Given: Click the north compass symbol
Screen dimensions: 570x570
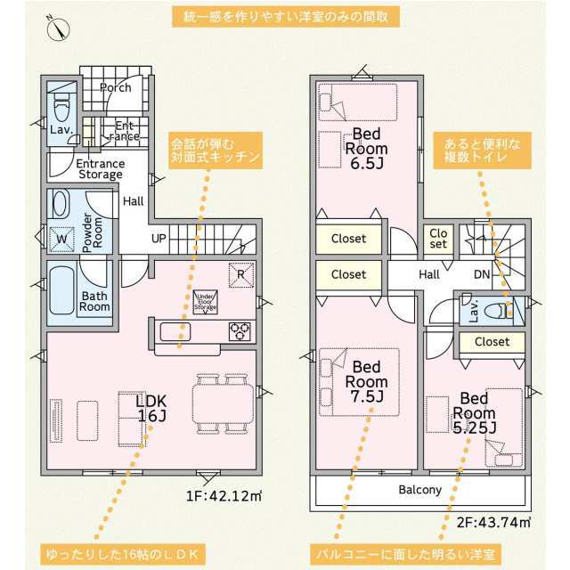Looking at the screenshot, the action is pyautogui.click(x=58, y=28).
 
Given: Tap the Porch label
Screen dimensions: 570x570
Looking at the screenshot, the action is pyautogui.click(x=115, y=87).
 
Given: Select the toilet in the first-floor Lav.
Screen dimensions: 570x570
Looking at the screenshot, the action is pyautogui.click(x=61, y=106).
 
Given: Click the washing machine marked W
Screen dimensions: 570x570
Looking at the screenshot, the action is pyautogui.click(x=61, y=239).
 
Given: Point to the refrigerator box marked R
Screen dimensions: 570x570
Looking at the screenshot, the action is pyautogui.click(x=241, y=275).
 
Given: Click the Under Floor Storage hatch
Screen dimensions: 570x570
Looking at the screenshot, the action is pyautogui.click(x=205, y=302).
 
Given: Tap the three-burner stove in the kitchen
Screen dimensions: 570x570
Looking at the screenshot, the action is pyautogui.click(x=240, y=331).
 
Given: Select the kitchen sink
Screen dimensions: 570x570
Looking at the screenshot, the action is pyautogui.click(x=175, y=331).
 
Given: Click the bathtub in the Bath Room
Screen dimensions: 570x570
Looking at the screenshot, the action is pyautogui.click(x=61, y=291).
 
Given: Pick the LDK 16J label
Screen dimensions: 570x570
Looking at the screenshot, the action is pyautogui.click(x=151, y=408).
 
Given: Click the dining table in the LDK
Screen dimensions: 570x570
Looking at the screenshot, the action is pyautogui.click(x=223, y=403).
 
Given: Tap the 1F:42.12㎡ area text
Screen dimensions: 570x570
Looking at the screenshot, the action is pyautogui.click(x=224, y=496).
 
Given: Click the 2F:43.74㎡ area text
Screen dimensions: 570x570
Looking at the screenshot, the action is pyautogui.click(x=493, y=523).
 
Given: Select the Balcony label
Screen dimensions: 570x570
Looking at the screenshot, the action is pyautogui.click(x=419, y=490).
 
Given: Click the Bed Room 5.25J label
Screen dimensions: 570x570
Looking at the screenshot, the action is pyautogui.click(x=474, y=413).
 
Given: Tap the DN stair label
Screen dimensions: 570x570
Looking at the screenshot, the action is pyautogui.click(x=482, y=274).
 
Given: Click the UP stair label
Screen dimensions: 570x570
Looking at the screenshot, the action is pyautogui.click(x=159, y=239).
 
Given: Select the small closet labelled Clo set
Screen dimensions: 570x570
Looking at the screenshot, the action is pyautogui.click(x=438, y=238).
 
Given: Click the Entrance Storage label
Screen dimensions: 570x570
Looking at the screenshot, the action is pyautogui.click(x=101, y=169).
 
